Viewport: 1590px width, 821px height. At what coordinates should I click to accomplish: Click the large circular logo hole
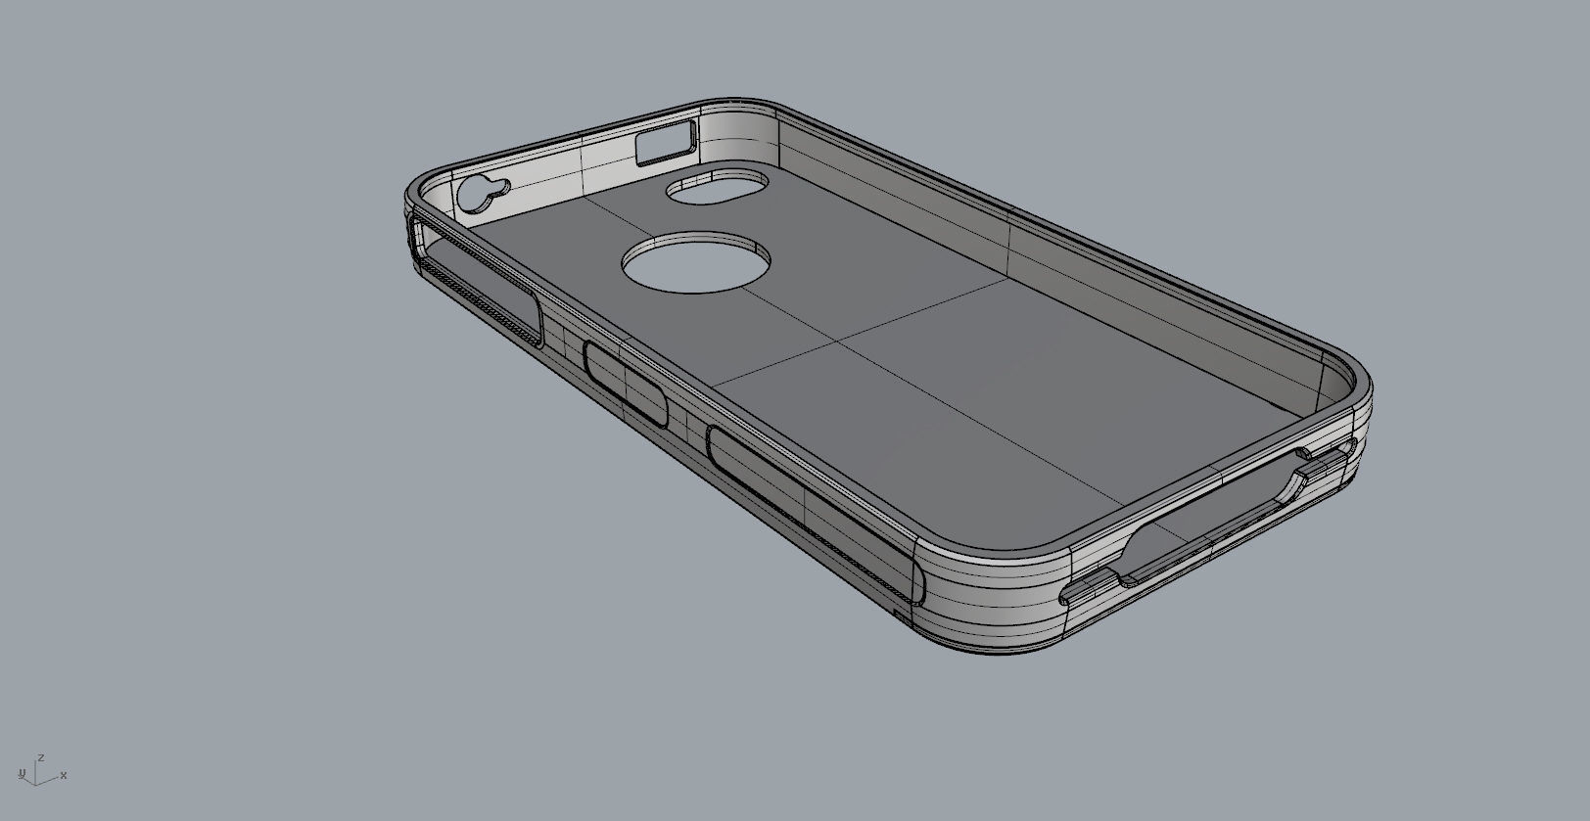[x=695, y=261]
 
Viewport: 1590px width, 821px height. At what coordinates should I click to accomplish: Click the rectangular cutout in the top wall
[x=666, y=143]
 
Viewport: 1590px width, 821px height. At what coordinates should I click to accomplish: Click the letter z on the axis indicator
[x=41, y=757]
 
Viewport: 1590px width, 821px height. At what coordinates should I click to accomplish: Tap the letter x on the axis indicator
[x=64, y=775]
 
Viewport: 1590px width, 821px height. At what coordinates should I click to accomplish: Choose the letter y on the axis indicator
[x=22, y=773]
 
